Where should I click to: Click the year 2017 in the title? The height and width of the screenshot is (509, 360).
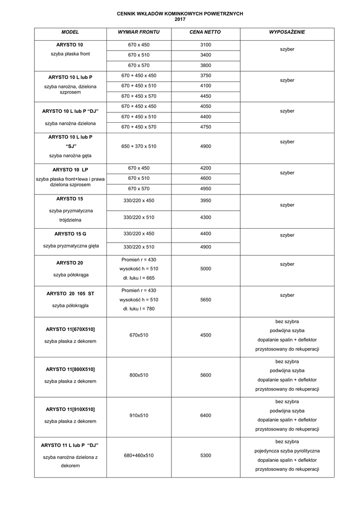pos(180,19)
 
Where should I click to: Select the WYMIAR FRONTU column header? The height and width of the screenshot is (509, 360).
pos(139,32)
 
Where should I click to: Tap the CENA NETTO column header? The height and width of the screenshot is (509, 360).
pos(205,32)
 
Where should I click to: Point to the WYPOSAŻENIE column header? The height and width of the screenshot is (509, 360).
pos(287,32)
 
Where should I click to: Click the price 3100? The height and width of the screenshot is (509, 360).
pos(205,45)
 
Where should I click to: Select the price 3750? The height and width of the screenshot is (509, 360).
pos(205,76)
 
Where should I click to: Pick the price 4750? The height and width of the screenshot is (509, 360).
pos(205,127)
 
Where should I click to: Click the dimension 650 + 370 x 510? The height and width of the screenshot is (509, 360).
pos(139,146)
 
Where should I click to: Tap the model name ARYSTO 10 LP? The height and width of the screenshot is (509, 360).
pos(70,169)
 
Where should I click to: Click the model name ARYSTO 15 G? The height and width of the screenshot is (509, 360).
pos(70,233)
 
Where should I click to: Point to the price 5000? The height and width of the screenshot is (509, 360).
pos(205,268)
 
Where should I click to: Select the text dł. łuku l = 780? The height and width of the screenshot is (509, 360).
pos(139,309)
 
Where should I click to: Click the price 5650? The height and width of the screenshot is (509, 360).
pos(205,300)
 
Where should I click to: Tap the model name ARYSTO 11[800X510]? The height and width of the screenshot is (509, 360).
pos(70,369)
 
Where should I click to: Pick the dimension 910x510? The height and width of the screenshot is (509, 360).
pos(139,415)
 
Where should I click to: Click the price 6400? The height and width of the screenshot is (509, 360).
pos(205,415)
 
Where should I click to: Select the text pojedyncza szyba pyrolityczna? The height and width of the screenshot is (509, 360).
pos(287,451)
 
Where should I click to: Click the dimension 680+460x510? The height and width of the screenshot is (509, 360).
pos(139,455)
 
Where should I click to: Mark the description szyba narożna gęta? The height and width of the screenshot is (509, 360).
pos(70,156)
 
